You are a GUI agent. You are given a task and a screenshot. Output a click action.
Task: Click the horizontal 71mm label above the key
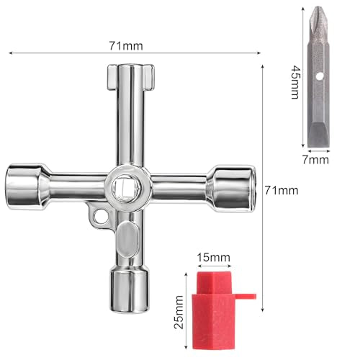(126, 46)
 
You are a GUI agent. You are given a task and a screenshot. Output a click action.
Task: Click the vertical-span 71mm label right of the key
(282, 191)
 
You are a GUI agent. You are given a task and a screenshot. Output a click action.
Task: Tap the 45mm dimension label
(295, 82)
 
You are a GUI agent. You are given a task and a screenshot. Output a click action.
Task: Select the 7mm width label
(315, 160)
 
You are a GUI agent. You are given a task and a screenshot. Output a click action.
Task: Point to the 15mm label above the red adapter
(213, 258)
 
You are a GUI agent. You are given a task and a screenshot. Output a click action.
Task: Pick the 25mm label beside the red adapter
(179, 312)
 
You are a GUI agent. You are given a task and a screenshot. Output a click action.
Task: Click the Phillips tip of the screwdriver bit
(318, 14)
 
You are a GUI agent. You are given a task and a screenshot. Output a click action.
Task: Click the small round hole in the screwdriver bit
(320, 76)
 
